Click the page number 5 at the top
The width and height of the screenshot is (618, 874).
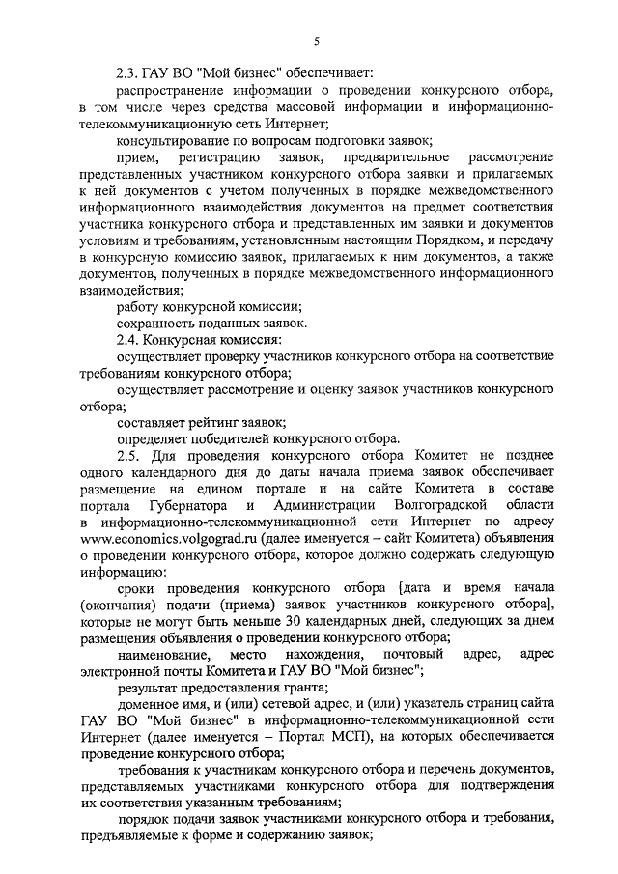(316, 40)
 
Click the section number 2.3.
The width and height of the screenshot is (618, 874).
(128, 73)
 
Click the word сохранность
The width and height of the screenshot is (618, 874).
(154, 323)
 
